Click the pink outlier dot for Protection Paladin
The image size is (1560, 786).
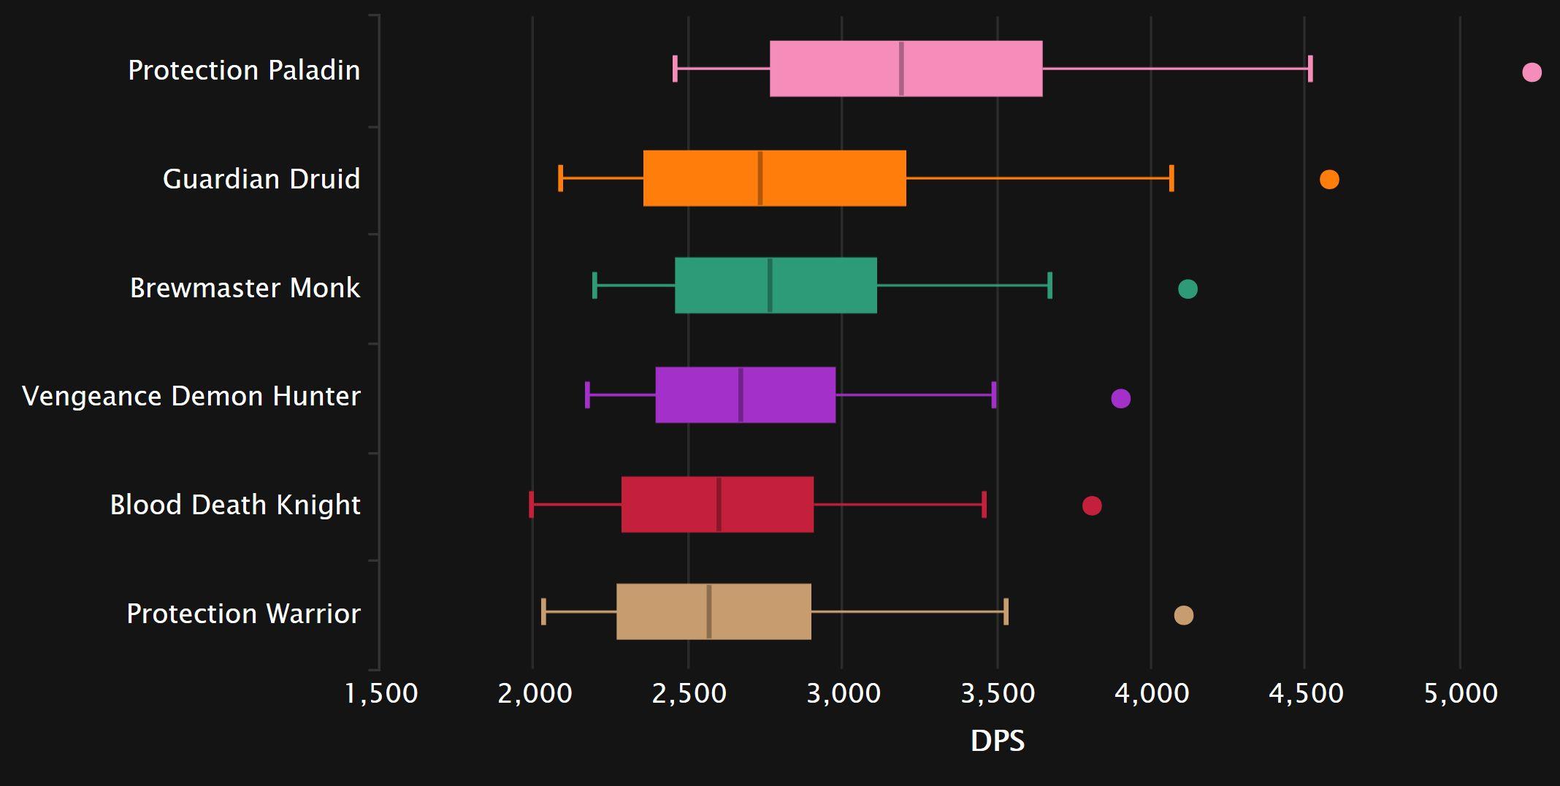(1532, 72)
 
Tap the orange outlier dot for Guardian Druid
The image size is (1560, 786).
(1329, 179)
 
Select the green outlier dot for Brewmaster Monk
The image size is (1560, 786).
(1188, 289)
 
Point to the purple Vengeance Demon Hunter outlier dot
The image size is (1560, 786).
(1120, 398)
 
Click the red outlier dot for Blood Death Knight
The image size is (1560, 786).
(1092, 505)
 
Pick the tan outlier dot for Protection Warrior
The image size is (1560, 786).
(1184, 615)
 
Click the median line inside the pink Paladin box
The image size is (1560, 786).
(901, 69)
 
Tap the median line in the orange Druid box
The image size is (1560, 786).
(760, 178)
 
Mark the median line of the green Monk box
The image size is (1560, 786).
(770, 286)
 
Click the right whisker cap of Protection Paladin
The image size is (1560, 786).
(1310, 69)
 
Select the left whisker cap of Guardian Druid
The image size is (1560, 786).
(560, 178)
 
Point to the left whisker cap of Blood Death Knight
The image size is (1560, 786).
(531, 505)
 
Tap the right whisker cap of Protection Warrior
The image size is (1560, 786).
(1006, 611)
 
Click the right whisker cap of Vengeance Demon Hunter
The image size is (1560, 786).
(994, 394)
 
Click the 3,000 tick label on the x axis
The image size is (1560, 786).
(844, 693)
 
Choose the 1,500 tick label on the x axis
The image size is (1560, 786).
(381, 693)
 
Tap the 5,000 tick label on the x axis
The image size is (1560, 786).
(1461, 693)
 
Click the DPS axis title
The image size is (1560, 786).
(998, 741)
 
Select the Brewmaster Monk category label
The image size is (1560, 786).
(245, 288)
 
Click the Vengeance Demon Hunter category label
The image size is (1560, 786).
(191, 396)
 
